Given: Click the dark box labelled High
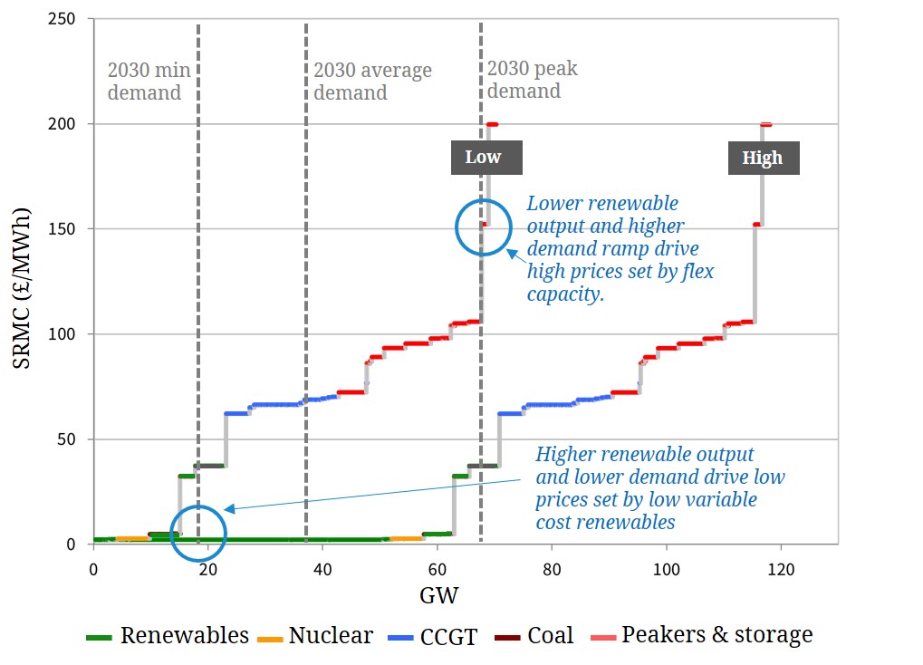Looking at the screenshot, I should coord(762,158).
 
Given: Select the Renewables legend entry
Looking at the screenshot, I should coord(168,636).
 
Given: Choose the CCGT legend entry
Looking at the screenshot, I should coord(429,636).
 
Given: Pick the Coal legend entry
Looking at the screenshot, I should coord(534,636).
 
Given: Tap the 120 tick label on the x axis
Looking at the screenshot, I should coord(780,569).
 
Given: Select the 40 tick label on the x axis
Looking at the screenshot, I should coord(322,569).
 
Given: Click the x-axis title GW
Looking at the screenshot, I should coord(438,595).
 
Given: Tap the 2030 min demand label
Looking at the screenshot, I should coord(145,82).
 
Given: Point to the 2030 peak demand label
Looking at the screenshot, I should coord(532,80).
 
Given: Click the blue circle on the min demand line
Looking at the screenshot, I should coord(197,533).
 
